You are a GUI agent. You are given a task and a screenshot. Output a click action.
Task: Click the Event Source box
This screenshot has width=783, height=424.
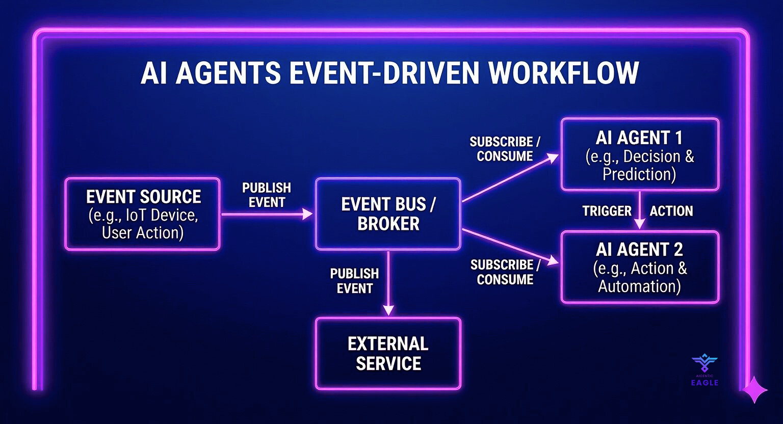coord(142,214)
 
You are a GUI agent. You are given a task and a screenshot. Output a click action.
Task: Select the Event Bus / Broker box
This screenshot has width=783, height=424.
coord(388,214)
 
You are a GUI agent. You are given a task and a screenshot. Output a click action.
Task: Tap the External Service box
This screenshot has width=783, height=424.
coord(388,354)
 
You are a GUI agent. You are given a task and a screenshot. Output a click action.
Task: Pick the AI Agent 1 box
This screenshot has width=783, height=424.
coord(640,155)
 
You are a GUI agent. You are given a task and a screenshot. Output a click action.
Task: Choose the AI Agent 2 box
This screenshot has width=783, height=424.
coord(640,268)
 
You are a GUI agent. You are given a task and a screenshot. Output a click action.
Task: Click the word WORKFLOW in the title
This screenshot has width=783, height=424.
coord(564,73)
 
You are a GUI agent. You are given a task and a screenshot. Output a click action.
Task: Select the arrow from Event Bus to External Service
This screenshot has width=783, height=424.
coord(388,283)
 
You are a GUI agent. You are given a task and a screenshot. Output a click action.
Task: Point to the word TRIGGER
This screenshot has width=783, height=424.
coord(607,211)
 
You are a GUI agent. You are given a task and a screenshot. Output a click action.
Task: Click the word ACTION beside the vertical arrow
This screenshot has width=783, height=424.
coord(671,211)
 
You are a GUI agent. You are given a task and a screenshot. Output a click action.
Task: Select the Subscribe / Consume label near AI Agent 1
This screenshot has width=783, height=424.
coord(505,149)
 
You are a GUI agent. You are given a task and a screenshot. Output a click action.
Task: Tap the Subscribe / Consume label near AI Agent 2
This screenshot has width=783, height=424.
coord(505,272)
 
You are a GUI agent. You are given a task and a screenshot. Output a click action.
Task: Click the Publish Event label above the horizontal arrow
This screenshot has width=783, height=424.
coord(267,195)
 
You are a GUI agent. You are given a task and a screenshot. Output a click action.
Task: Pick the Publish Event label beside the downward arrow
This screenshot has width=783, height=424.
coord(354,281)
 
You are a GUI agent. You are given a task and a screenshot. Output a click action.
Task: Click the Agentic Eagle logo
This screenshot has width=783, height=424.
coord(704,369)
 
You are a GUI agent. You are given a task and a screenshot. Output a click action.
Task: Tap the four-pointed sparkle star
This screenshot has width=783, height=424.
coord(754,390)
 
